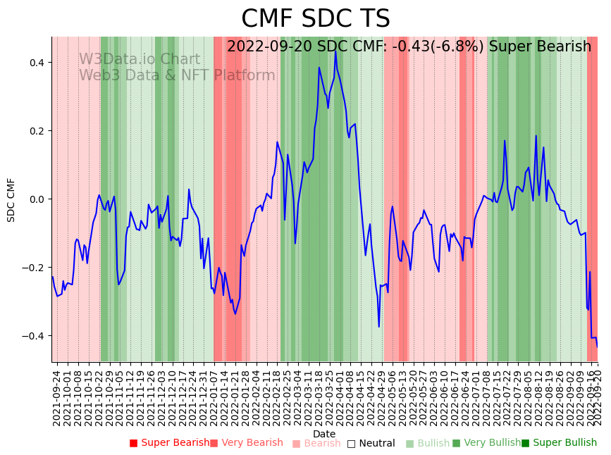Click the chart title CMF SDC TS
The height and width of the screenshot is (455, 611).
coord(315,19)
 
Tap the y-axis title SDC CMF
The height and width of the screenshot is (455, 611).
coord(11,199)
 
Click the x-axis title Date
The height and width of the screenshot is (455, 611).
coord(324,434)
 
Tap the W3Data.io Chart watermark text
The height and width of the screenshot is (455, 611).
coord(139,60)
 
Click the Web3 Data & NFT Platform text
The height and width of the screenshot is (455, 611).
coord(177,75)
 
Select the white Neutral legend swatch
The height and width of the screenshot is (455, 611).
coord(351,443)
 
